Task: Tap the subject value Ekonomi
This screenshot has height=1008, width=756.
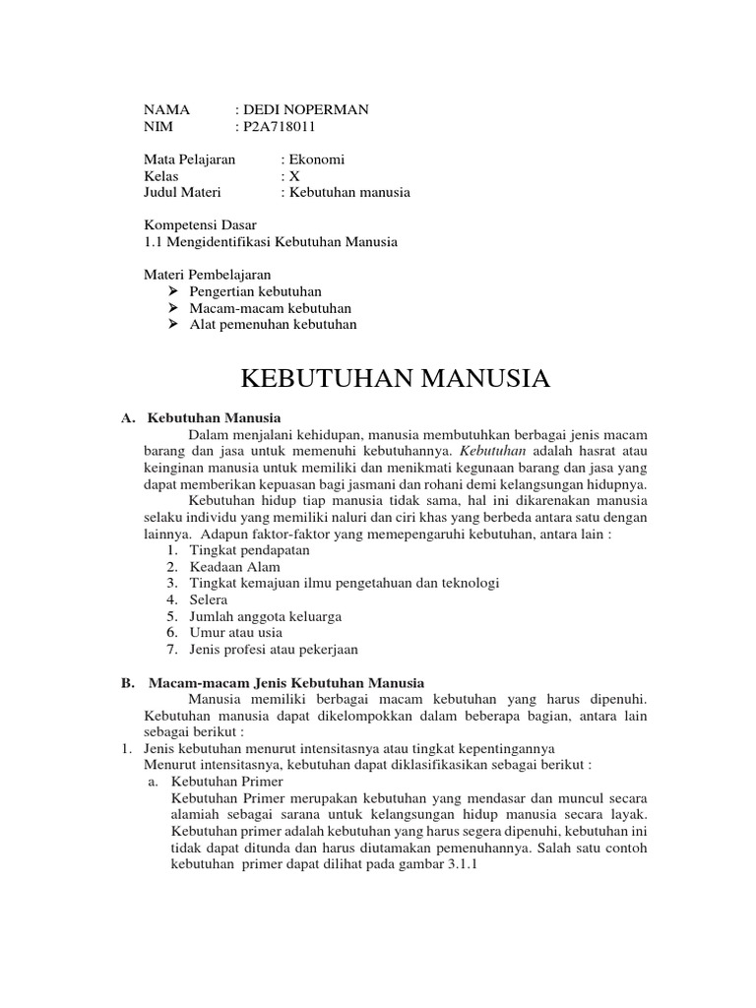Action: pyautogui.click(x=316, y=158)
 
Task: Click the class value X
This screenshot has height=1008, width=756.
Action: pyautogui.click(x=294, y=175)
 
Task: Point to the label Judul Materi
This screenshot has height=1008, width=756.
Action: pyautogui.click(x=183, y=192)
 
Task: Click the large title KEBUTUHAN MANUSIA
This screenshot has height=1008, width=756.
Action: pyautogui.click(x=395, y=378)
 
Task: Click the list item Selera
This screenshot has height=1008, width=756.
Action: pyautogui.click(x=209, y=599)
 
